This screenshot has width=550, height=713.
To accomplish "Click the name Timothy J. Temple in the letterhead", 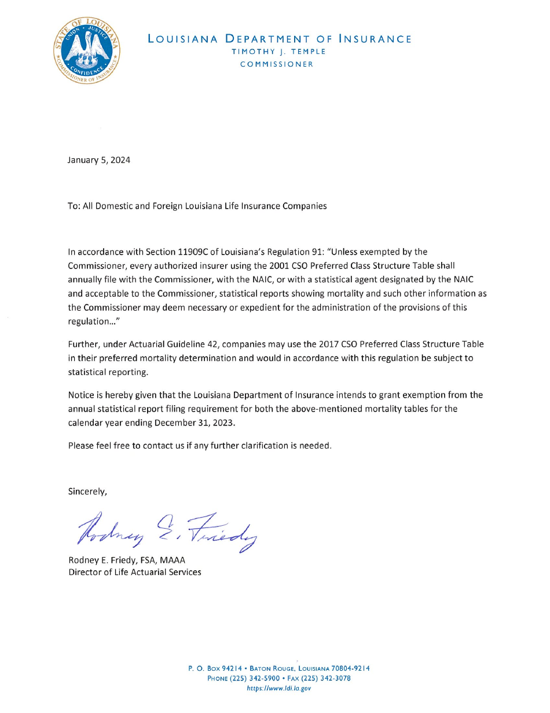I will pyautogui.click(x=278, y=52).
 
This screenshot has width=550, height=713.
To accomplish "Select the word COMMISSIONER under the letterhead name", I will pyautogui.click(x=277, y=64).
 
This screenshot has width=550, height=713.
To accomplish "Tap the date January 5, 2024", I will pyautogui.click(x=99, y=160).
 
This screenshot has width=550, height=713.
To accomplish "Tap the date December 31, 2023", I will pyautogui.click(x=195, y=423).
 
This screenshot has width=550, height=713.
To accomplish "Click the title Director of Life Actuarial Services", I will pyautogui.click(x=134, y=572).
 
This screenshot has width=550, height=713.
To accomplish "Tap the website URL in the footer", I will pyautogui.click(x=279, y=688).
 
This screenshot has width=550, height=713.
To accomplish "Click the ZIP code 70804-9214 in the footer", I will pyautogui.click(x=349, y=668).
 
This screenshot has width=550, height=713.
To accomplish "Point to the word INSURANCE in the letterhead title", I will pyautogui.click(x=375, y=39).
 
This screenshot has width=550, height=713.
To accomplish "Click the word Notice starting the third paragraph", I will pyautogui.click(x=80, y=395).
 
